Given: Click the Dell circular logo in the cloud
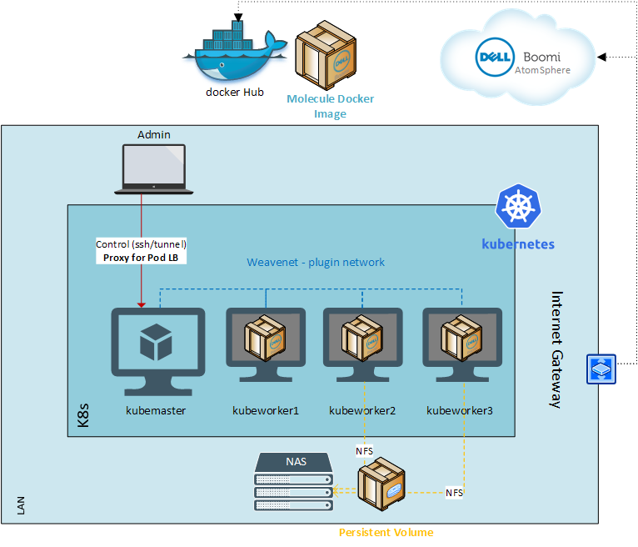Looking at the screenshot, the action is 495,57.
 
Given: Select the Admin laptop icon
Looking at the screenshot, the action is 154,169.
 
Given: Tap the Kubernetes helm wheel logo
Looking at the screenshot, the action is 518,206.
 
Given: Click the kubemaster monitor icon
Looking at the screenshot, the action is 158,352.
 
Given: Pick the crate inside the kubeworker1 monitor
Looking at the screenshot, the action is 265,338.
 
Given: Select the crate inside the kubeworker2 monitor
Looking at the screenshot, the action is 362,338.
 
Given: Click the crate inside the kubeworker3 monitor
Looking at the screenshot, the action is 461,338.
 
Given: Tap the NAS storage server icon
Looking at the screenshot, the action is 294,481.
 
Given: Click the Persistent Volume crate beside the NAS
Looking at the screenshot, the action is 381,484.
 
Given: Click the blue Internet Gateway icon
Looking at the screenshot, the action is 601,369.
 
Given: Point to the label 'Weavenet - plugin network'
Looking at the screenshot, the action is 316,263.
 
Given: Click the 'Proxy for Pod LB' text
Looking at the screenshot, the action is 141,258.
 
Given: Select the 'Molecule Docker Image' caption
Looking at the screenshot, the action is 330,106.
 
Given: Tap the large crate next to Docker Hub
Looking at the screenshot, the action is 326,55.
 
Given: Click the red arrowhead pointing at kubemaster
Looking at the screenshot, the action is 142,305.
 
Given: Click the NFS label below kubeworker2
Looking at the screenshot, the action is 364,451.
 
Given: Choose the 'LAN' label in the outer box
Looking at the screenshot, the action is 21,505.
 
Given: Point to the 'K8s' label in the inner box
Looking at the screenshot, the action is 83,415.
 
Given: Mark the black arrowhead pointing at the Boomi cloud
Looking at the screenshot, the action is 601,57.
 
